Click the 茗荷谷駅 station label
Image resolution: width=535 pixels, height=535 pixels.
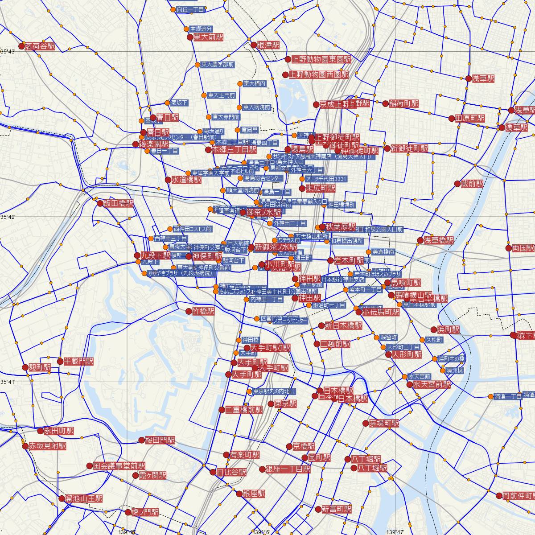(40, 46)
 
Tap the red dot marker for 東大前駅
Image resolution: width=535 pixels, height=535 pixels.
(190, 37)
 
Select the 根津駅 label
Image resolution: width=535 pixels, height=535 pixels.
(266, 45)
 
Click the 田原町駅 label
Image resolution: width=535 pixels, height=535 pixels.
(470, 118)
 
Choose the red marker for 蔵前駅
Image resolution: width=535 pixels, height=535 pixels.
(457, 184)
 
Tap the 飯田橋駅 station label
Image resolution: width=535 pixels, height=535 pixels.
(118, 203)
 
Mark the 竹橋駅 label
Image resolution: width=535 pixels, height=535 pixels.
(203, 311)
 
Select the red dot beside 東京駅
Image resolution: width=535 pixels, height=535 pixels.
(271, 404)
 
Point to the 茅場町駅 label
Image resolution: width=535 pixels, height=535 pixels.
(384, 423)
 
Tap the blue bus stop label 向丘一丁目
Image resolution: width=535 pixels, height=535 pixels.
(190, 9)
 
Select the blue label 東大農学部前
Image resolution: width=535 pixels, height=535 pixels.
(217, 65)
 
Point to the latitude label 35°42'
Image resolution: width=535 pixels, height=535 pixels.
(8, 217)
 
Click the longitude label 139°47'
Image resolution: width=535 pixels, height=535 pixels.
(395, 531)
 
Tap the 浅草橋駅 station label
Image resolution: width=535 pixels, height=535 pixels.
(439, 240)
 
